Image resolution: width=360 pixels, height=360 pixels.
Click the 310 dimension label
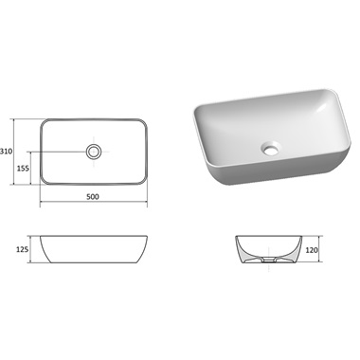[x=7, y=152]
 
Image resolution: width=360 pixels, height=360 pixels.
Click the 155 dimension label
[x=23, y=169]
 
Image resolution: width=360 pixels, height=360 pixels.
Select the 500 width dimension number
[x=93, y=197]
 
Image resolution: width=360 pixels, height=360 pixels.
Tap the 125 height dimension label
[x=22, y=249]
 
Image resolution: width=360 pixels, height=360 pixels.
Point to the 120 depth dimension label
[x=312, y=250]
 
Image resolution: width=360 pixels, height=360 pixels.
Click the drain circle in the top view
[x=94, y=146]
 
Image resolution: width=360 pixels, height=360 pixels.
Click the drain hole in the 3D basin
[x=270, y=148]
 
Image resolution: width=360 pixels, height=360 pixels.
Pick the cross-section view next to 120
[x=268, y=249]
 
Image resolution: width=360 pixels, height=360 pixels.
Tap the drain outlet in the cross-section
[x=269, y=261]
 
